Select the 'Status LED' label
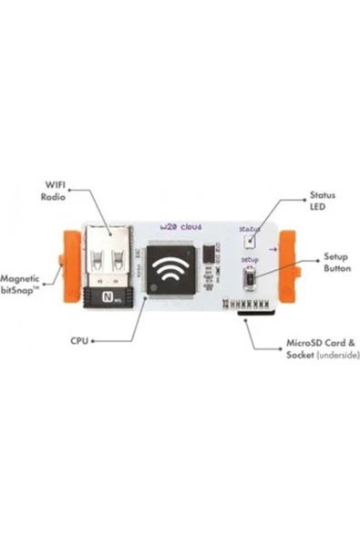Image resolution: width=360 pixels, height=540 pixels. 323,201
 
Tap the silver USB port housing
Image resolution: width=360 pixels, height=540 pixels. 109,258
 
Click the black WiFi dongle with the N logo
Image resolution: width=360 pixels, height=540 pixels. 108,297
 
